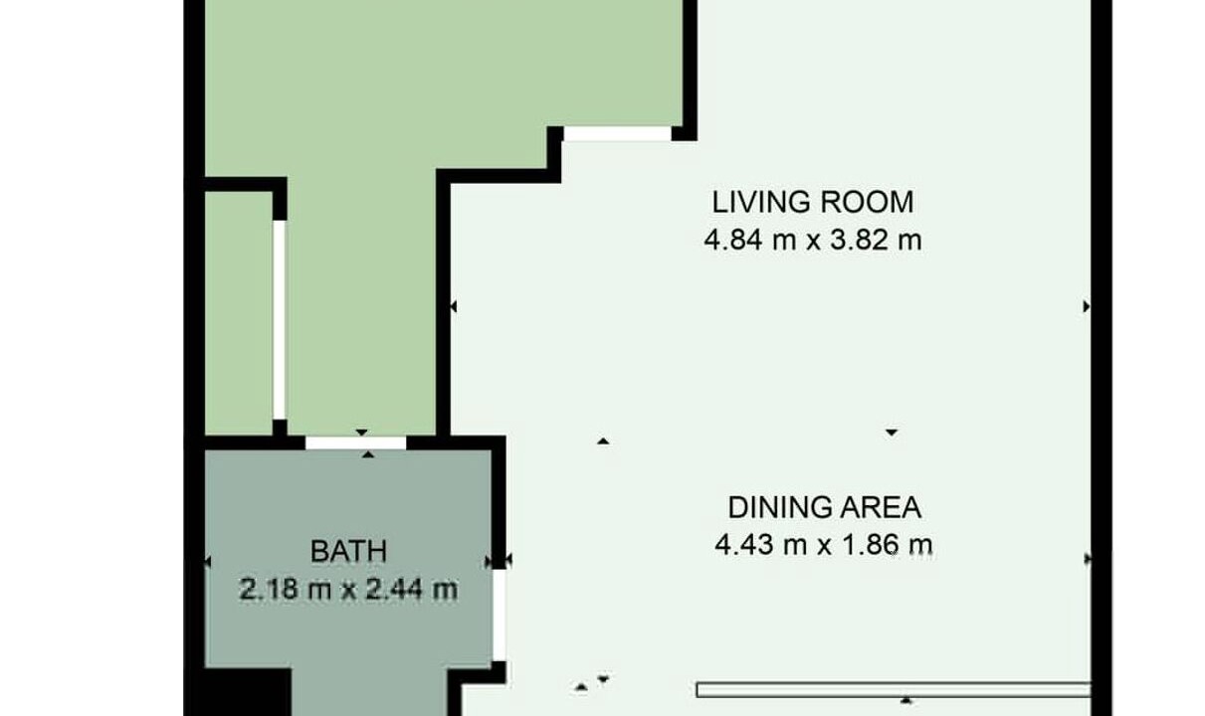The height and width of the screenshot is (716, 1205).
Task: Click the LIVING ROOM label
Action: tap(813, 202)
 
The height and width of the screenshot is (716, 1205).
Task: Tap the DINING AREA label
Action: tap(825, 507)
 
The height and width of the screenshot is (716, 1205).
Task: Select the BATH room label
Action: tap(348, 552)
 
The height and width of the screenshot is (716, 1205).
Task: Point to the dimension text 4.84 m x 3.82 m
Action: tap(813, 240)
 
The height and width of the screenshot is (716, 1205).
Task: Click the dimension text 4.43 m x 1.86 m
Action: tap(824, 545)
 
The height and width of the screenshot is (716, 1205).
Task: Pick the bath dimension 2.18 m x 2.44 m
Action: tap(348, 589)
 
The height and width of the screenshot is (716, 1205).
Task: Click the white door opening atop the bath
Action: tap(355, 443)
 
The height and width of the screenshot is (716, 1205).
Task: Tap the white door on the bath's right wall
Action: tap(500, 615)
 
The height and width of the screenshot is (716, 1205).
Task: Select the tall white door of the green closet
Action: tap(280, 320)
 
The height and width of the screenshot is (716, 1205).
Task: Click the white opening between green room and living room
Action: tap(617, 134)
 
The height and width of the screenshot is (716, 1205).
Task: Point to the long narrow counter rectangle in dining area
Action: tap(894, 690)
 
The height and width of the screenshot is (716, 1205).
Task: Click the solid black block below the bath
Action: tap(248, 692)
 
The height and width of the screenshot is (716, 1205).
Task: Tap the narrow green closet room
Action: tap(238, 313)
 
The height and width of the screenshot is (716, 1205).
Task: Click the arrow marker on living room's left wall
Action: tap(454, 306)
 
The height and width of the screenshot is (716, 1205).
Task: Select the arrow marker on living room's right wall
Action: tap(1087, 306)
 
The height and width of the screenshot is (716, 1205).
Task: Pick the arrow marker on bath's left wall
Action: tap(208, 562)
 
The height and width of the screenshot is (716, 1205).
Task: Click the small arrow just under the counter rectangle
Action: tap(906, 700)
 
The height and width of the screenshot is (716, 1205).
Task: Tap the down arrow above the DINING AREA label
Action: tap(892, 433)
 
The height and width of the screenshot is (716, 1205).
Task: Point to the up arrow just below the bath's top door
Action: tap(368, 454)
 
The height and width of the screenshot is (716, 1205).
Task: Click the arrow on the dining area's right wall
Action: tap(1088, 559)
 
